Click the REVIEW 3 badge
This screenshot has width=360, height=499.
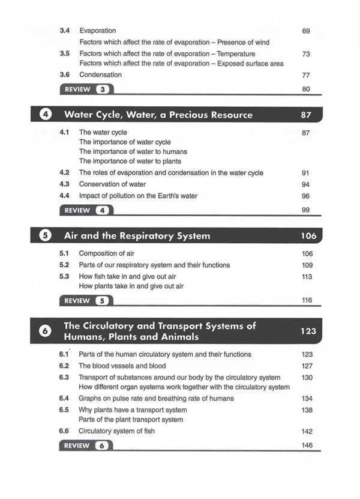86,89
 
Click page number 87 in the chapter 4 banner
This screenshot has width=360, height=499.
306,115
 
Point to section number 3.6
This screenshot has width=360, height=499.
65,75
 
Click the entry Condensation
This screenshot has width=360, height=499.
100,75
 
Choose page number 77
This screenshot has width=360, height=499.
306,76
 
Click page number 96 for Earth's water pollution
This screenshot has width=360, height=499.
306,196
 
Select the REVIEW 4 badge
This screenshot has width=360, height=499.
86,210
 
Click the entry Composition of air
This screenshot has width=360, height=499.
110,253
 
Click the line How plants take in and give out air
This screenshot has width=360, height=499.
131,286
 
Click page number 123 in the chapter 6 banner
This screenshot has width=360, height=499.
307,331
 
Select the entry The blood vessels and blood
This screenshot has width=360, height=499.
122,366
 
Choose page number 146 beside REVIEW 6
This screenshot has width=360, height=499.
307,446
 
